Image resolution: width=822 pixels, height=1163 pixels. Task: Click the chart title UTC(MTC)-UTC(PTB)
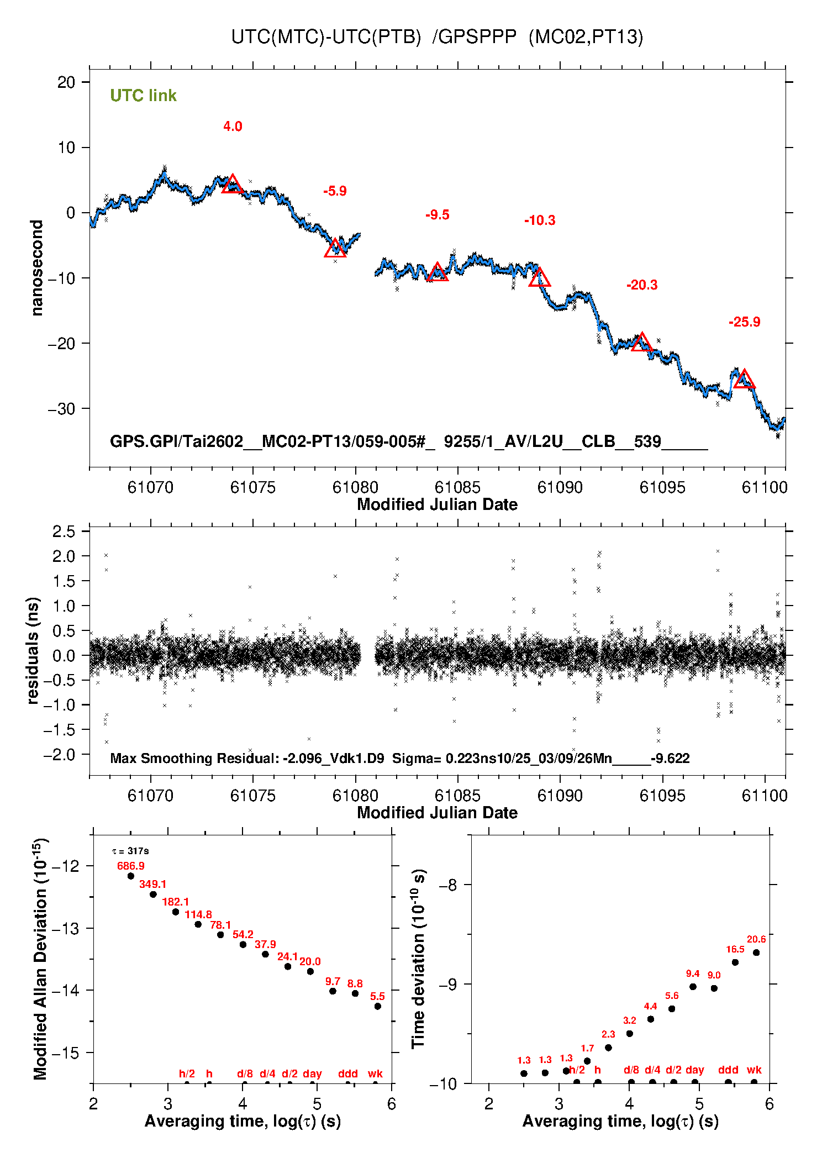tap(326, 37)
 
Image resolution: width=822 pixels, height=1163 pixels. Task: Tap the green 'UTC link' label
tap(143, 96)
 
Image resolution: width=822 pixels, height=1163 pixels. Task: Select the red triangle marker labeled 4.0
tap(233, 184)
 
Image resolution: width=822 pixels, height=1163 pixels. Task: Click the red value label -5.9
tap(335, 191)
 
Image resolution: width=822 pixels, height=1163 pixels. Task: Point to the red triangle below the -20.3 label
tap(641, 343)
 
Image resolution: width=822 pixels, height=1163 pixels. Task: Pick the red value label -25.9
tap(744, 322)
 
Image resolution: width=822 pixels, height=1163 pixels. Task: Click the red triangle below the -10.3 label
tap(539, 278)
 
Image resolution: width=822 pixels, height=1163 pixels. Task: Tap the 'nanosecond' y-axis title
tap(37, 267)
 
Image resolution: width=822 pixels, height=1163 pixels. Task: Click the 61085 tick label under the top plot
tap(457, 487)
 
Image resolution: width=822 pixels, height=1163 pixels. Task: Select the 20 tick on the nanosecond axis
tap(66, 82)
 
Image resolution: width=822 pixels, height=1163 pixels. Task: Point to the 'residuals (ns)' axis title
tap(33, 650)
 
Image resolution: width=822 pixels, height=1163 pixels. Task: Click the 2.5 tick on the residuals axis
tap(64, 531)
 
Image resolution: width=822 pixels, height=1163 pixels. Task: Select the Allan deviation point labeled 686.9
tap(131, 876)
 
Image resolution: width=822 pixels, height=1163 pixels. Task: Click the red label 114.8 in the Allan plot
tap(198, 914)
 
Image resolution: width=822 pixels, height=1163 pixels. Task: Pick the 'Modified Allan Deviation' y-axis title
tap(40, 959)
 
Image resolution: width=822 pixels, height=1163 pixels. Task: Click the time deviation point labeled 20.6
tap(756, 952)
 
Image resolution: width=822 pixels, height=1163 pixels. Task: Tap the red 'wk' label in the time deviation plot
tap(754, 1070)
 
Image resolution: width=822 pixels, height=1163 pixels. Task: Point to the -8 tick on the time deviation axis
tap(447, 885)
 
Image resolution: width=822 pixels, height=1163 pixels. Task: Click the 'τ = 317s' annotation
tap(130, 851)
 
